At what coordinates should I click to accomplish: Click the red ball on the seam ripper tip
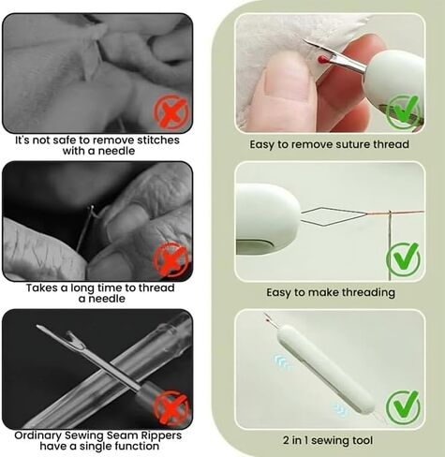pos(323,59)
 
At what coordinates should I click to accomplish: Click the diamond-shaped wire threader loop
pos(334,216)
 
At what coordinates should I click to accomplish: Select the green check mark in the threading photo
pos(403,258)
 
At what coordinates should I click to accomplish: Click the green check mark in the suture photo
pos(403,111)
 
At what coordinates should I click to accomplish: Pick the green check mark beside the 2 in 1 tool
pos(403,406)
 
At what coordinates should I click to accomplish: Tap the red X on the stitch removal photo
pos(171,112)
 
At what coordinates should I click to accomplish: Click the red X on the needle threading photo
pos(171,259)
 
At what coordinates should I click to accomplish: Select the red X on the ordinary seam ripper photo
pos(171,408)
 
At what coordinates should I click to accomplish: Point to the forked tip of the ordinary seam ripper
pos(75,340)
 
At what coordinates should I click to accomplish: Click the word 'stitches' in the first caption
pos(158,140)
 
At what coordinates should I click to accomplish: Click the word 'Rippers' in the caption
pos(162,435)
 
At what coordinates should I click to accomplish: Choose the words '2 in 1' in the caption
pos(295,440)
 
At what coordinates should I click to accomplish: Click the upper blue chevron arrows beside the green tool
pos(281,362)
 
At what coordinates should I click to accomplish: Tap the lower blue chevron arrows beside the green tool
pos(340,408)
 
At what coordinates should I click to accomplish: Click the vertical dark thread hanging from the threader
pos(390,245)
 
